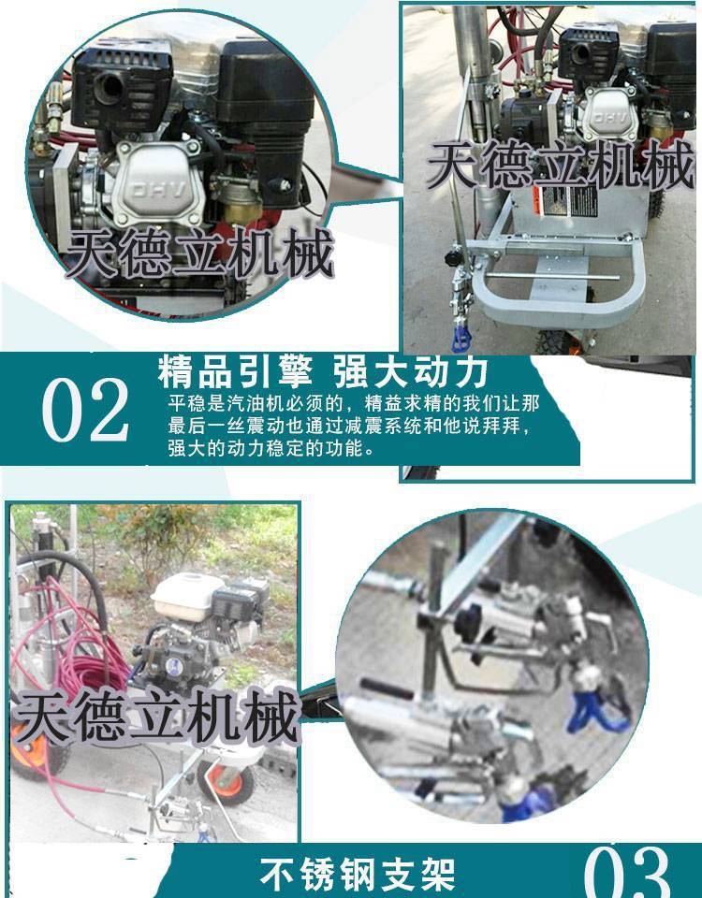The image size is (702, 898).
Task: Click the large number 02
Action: tap(86, 410)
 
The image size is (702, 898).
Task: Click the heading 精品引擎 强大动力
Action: tap(323, 371)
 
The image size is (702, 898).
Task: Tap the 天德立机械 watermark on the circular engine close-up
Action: tap(200, 253)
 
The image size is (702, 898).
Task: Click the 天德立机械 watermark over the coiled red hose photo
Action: tap(157, 716)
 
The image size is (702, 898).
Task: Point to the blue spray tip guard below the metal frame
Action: tap(460, 338)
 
